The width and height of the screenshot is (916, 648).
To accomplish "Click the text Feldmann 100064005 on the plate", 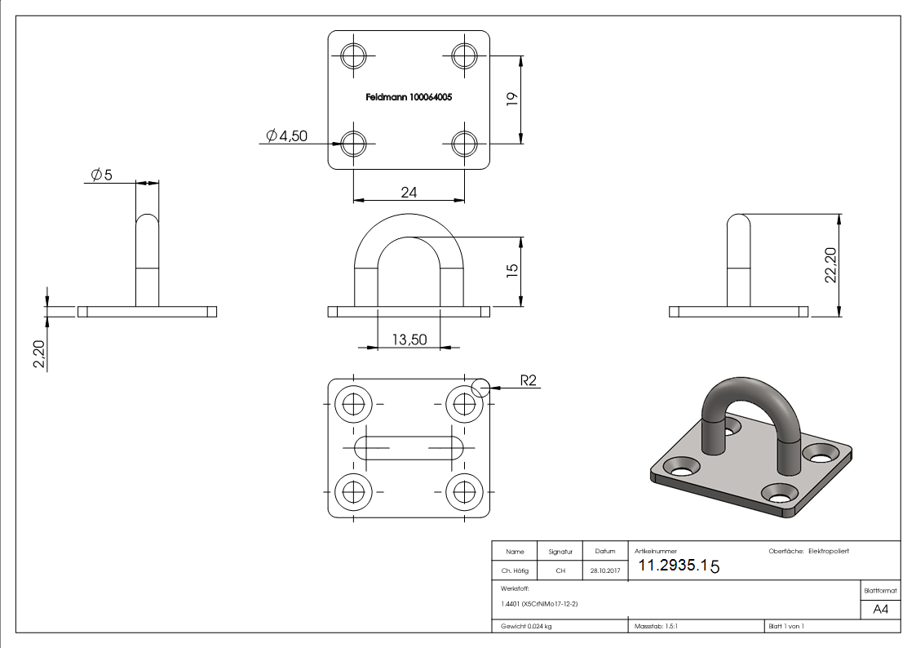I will [409, 96].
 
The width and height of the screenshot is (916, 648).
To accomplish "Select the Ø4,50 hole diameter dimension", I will [287, 136].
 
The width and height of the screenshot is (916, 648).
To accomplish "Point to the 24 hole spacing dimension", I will [409, 192].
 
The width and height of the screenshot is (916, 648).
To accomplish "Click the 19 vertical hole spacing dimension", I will [512, 100].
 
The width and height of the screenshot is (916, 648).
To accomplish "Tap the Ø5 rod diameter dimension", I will [102, 175].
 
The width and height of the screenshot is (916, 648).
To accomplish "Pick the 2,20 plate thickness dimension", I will [39, 354].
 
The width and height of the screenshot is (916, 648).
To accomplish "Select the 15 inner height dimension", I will [512, 272].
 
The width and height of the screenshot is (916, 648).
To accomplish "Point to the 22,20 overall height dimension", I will [830, 265].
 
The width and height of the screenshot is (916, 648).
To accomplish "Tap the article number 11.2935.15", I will [678, 565].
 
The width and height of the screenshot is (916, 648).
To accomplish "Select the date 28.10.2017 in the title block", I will [605, 571].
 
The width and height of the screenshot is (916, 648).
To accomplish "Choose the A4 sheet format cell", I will [881, 610].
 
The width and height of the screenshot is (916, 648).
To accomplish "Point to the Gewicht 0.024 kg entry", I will [526, 626].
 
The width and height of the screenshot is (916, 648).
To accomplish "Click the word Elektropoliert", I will [829, 552].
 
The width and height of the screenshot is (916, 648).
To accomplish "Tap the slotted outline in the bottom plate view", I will [409, 446].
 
